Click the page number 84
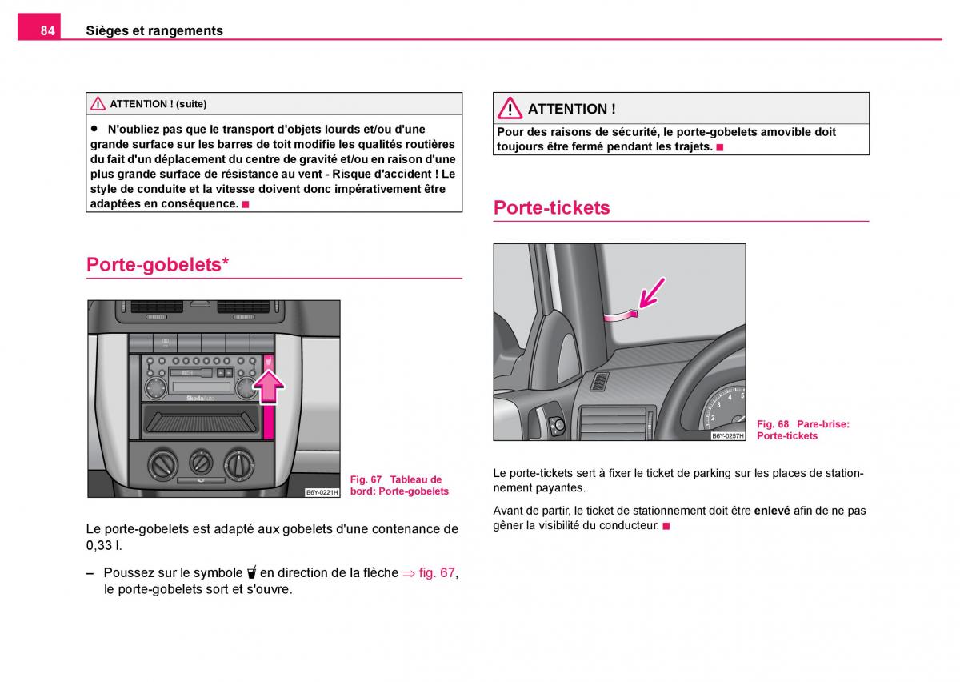[x=47, y=30]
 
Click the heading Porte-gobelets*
[x=158, y=264]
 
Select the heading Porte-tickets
[x=551, y=207]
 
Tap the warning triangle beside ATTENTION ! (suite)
[x=98, y=104]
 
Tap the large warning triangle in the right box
[x=510, y=108]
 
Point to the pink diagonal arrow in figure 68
[x=651, y=293]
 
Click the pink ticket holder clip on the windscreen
[x=621, y=316]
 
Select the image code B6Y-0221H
[x=322, y=492]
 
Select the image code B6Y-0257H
[x=728, y=435]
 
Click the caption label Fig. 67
[x=366, y=479]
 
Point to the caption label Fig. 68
[x=772, y=424]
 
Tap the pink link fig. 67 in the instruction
[x=437, y=572]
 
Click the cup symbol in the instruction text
[x=252, y=572]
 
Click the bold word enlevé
[x=772, y=511]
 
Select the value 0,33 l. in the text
[x=104, y=546]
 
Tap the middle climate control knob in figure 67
[x=201, y=463]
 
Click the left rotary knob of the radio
[x=155, y=387]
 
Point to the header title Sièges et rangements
[x=154, y=30]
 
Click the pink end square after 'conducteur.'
[x=666, y=526]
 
